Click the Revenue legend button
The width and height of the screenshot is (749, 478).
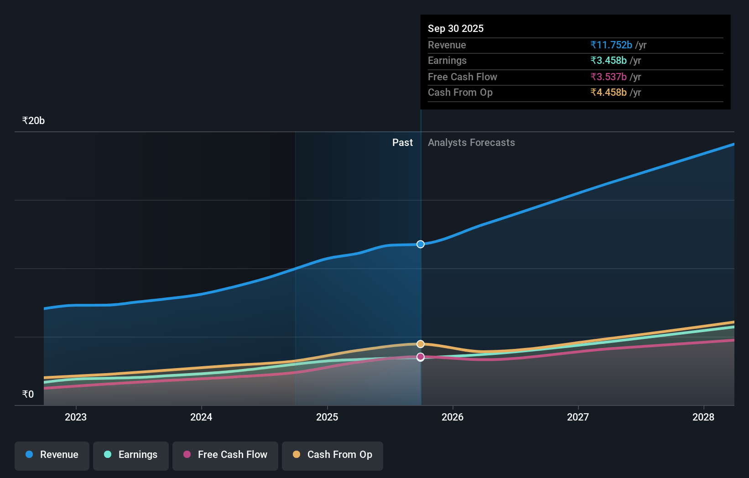[52, 455]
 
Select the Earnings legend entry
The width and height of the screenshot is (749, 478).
[131, 455]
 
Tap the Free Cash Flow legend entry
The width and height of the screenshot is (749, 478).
[225, 455]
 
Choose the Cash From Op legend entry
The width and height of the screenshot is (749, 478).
[333, 455]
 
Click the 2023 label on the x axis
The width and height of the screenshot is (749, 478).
[76, 417]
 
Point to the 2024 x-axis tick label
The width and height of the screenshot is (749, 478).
[201, 417]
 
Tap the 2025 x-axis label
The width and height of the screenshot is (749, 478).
[327, 417]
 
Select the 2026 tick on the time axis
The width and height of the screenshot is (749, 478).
[453, 417]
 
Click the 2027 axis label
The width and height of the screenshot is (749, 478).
[578, 417]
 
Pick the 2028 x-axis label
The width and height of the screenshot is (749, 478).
[703, 417]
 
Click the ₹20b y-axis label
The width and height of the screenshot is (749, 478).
[33, 121]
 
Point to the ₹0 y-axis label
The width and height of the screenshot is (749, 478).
[28, 395]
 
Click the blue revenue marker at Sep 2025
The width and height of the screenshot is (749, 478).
[421, 244]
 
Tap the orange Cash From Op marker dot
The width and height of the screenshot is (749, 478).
[421, 344]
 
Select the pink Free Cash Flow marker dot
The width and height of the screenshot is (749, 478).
[421, 357]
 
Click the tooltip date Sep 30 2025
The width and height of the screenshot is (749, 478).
[456, 28]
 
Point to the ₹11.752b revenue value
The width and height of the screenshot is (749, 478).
[611, 45]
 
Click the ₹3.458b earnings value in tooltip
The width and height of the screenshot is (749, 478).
[609, 61]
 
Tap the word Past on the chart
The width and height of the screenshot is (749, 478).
[402, 143]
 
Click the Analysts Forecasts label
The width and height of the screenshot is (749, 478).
[471, 143]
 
